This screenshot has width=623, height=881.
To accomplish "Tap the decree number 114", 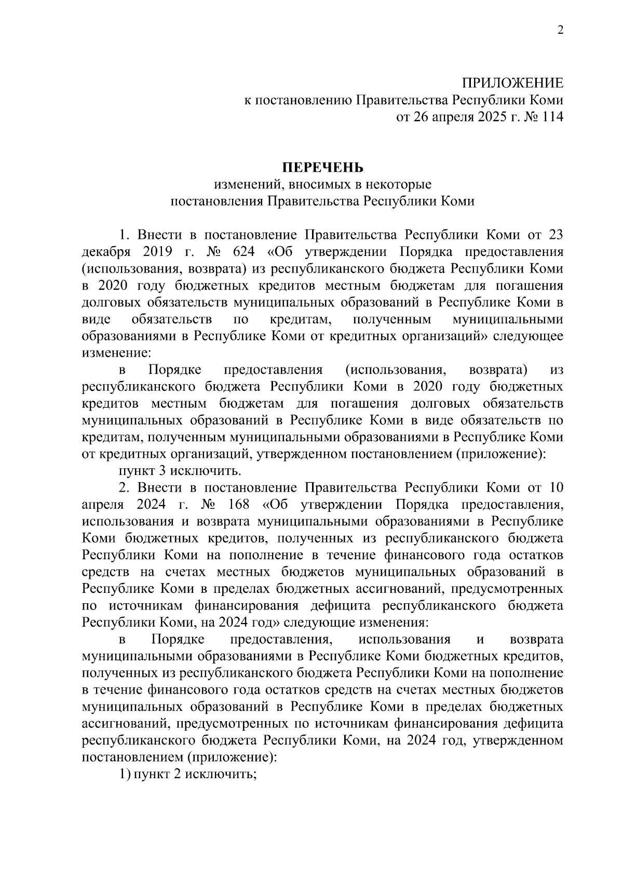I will coord(552,117).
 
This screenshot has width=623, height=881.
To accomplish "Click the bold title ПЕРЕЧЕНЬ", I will coord(323,168).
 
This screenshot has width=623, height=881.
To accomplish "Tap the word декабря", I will coord(104,252).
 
